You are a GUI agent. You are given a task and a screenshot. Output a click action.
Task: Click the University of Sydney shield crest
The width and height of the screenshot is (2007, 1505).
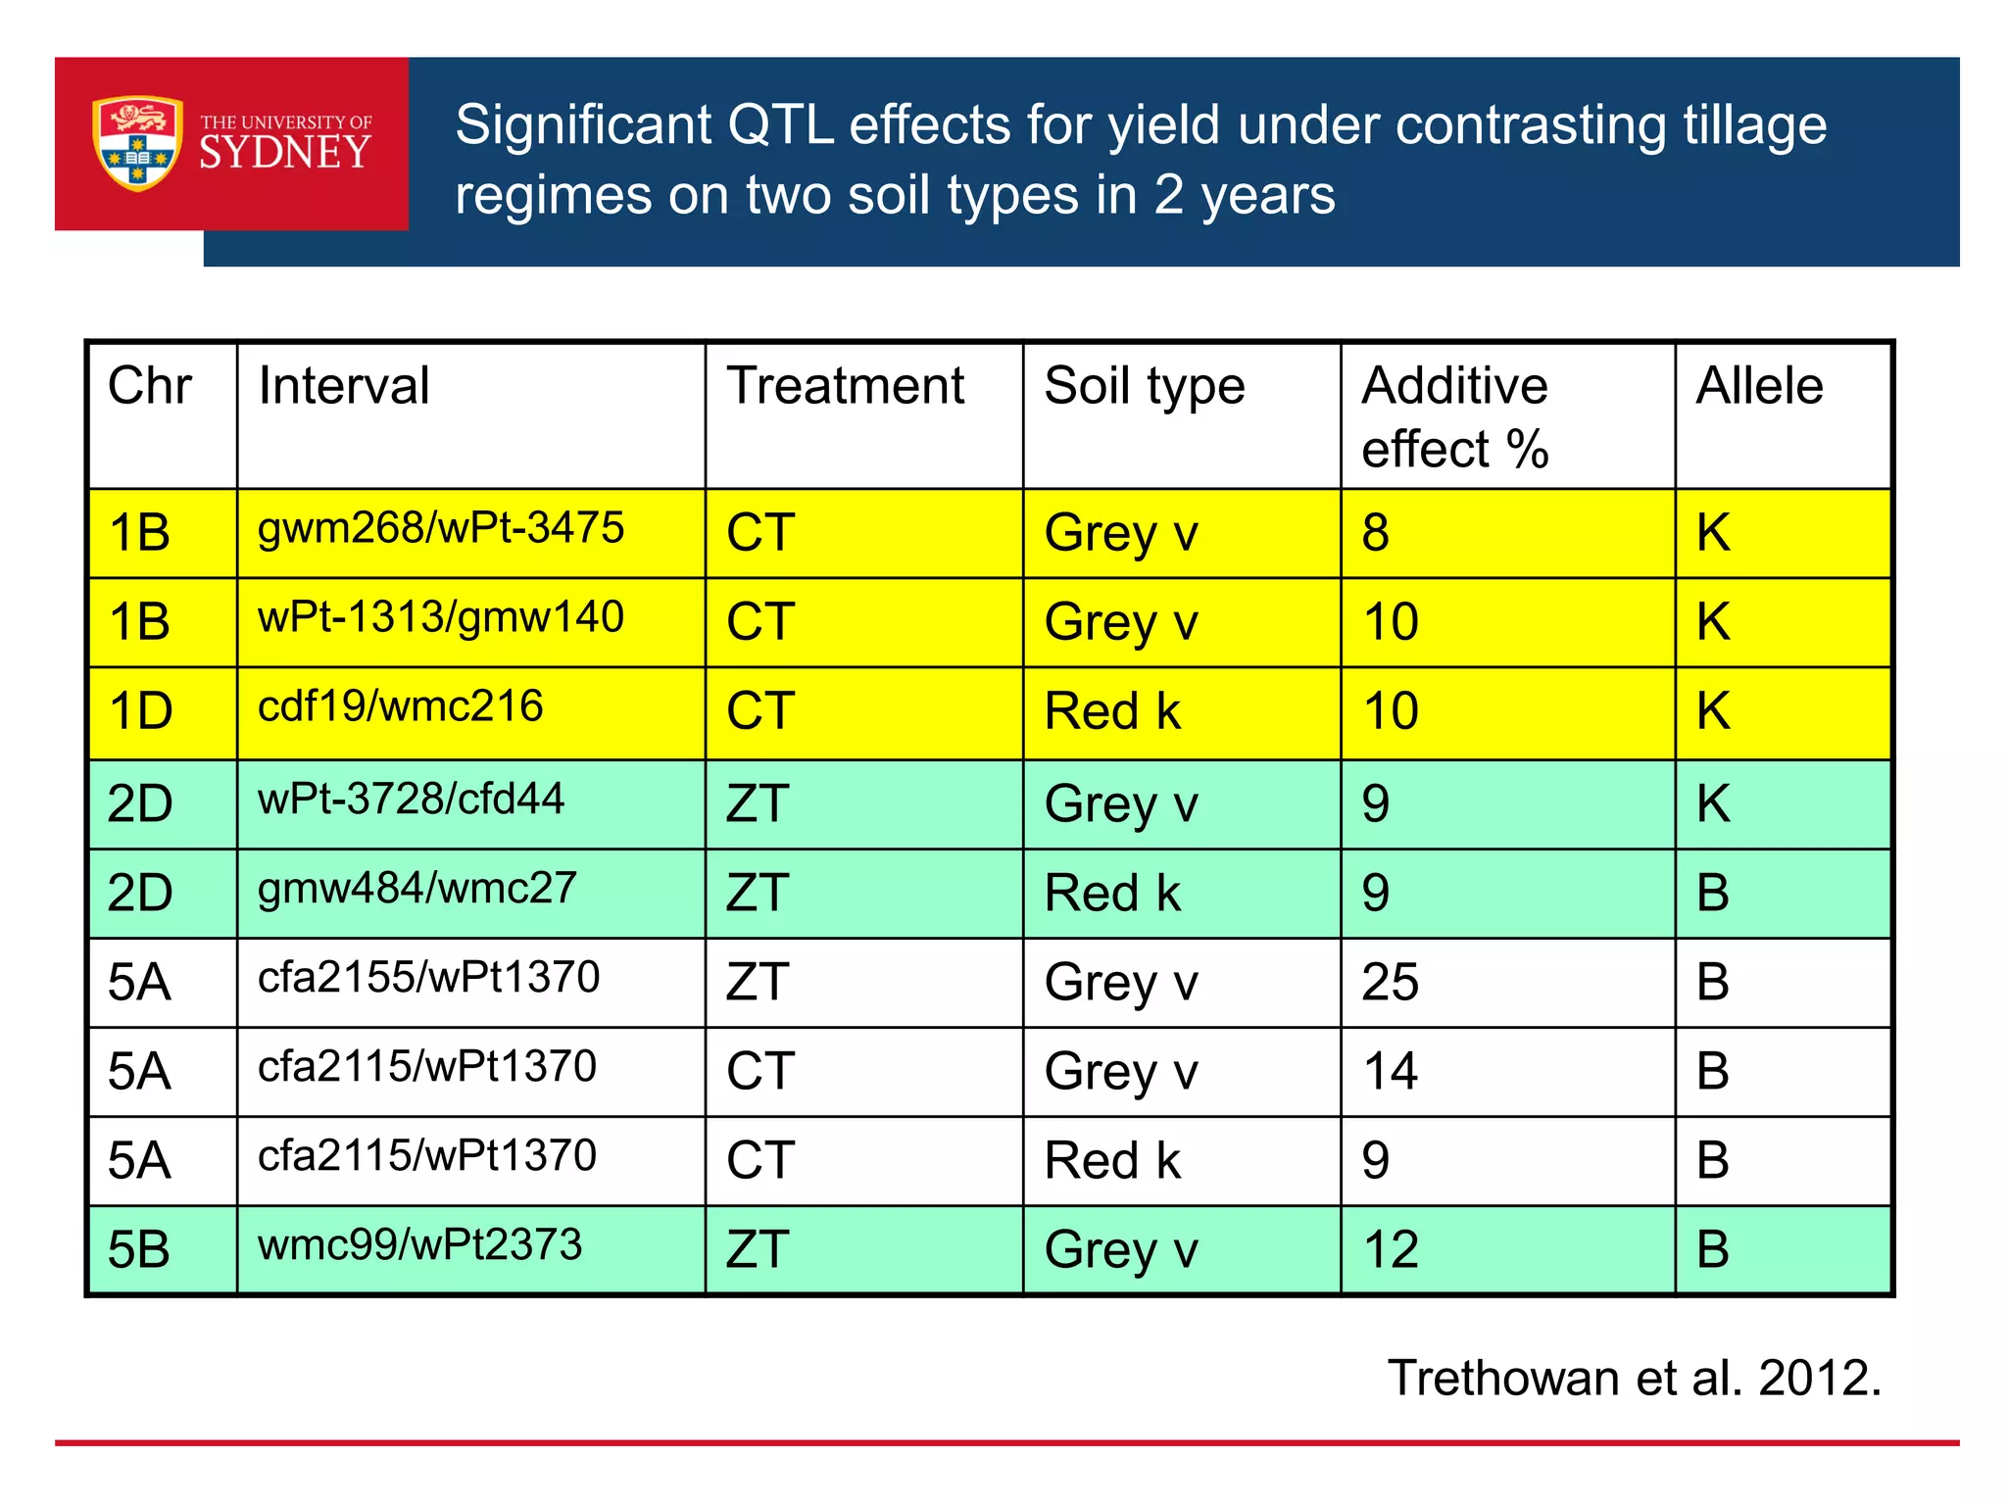(x=137, y=143)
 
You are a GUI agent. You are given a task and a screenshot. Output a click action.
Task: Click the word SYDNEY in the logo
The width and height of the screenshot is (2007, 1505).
(x=285, y=153)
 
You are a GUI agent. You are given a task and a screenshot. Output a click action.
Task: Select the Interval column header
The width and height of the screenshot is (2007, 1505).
(x=344, y=386)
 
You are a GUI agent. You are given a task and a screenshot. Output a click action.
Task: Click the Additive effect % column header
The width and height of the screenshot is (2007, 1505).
(x=1454, y=416)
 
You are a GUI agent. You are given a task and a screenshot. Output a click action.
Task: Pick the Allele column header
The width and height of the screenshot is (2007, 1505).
(x=1759, y=386)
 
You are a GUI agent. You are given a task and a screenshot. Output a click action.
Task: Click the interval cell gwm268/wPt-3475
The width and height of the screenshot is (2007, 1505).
(x=440, y=529)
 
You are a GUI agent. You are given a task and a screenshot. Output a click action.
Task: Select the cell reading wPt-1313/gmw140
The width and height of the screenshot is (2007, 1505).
(x=440, y=618)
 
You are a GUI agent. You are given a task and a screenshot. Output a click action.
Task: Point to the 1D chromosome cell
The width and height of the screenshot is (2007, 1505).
(x=141, y=711)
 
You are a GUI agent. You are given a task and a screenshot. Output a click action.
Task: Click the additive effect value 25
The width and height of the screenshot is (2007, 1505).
(x=1390, y=983)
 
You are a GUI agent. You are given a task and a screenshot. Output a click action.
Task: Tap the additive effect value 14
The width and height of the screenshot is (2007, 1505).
(x=1390, y=1072)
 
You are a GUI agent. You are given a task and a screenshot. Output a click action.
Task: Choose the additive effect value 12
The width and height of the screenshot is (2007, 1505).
(x=1390, y=1250)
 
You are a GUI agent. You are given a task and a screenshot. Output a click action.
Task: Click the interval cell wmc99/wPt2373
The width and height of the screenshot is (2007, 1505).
(x=419, y=1246)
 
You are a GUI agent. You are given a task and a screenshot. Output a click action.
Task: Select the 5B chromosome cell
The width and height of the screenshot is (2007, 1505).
(x=139, y=1251)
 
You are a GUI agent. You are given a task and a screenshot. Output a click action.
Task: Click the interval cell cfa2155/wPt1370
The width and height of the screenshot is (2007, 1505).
(x=428, y=978)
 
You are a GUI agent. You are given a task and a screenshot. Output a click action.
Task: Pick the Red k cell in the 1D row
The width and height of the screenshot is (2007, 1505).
(x=1112, y=711)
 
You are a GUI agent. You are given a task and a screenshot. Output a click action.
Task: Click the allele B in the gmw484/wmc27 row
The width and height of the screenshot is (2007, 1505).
(x=1712, y=894)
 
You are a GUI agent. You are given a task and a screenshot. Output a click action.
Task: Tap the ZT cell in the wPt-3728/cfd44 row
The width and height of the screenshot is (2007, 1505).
(x=758, y=804)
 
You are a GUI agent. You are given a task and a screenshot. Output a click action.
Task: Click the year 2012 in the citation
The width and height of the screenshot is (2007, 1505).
(x=1819, y=1379)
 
